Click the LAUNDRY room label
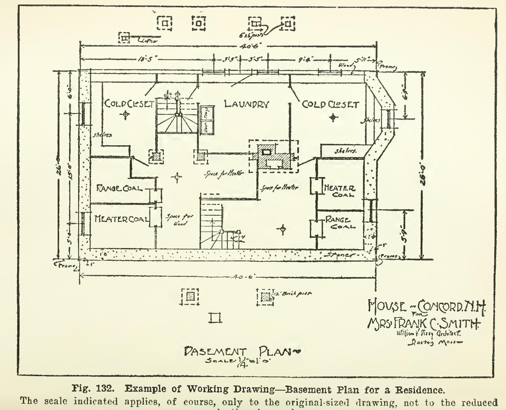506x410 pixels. point(247,104)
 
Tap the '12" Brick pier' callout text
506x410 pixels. point(293,293)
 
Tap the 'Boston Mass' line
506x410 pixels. point(435,343)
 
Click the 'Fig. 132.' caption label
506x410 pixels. point(93,389)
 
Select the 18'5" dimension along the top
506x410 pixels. point(145,60)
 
